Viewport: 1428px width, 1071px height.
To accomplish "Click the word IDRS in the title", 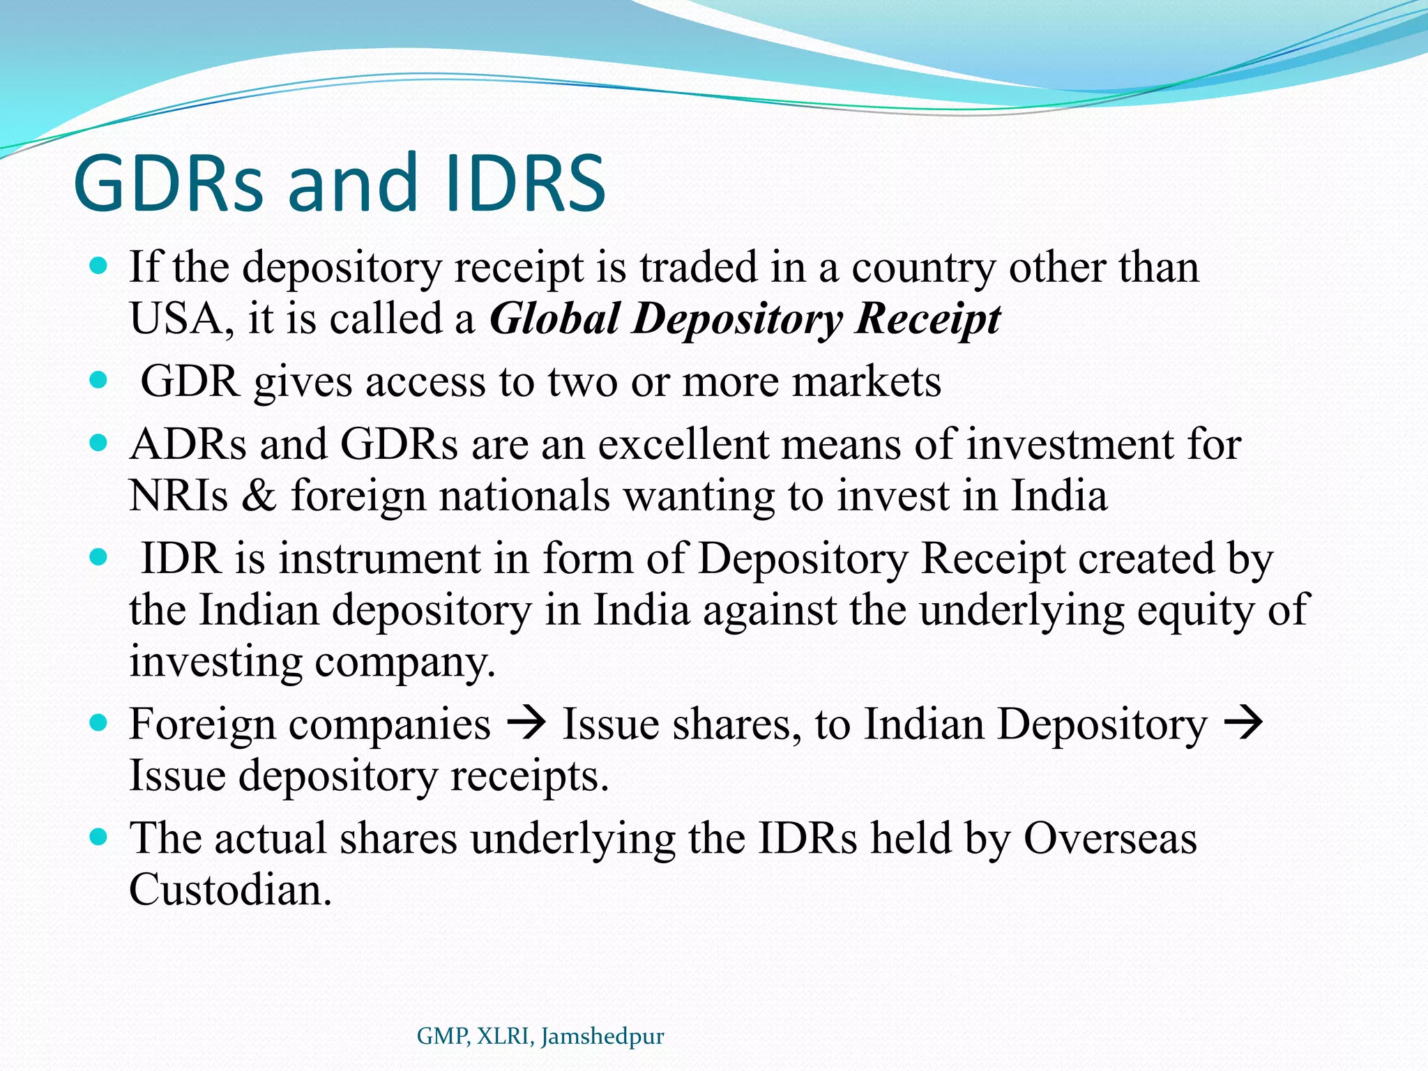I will point(525,184).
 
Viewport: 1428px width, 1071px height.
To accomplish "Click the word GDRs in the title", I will point(169,184).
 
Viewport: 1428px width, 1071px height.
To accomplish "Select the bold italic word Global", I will point(554,319).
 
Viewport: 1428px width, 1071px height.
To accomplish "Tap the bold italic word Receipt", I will point(928,319).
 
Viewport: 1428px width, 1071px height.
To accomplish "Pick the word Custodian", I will point(230,890).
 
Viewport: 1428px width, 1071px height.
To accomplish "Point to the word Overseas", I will point(1110,838).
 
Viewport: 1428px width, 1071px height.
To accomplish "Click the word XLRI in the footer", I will point(506,1037).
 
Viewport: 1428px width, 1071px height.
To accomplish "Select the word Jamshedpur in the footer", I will point(602,1037).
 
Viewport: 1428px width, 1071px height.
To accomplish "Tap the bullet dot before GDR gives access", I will point(99,380).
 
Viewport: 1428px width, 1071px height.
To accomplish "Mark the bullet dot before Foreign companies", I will point(99,722).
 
